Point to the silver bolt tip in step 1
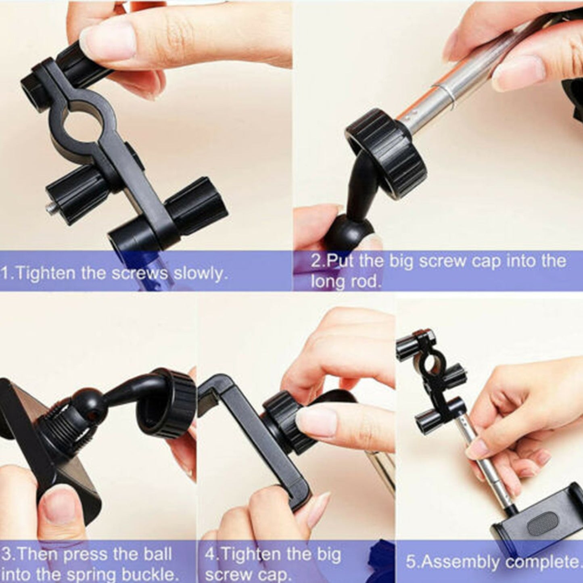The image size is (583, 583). tap(50, 208)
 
